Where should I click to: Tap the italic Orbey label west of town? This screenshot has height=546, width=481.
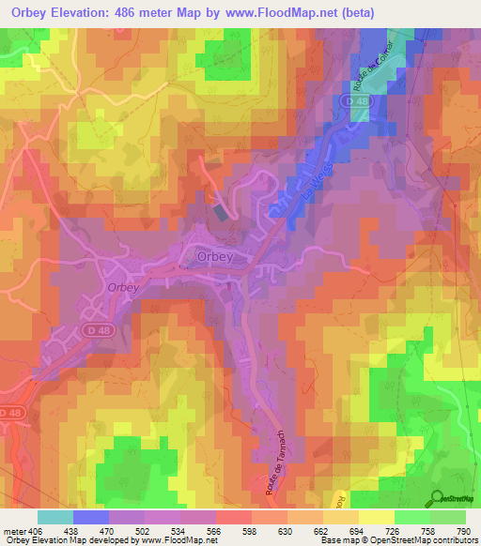[121, 288]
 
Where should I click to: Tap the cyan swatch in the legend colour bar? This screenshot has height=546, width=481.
[54, 517]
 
